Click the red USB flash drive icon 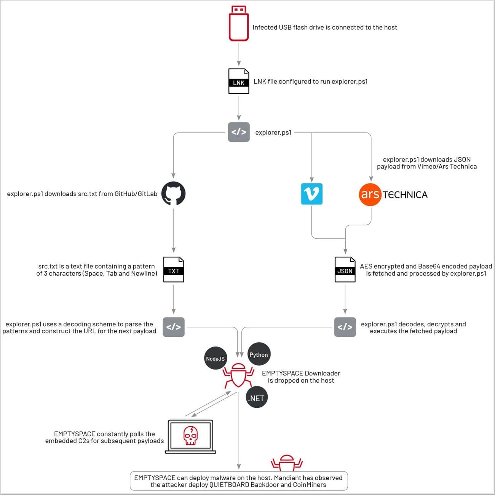pyautogui.click(x=239, y=23)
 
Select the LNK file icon pyautogui.click(x=239, y=81)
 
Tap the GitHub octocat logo pyautogui.click(x=173, y=193)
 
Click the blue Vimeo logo pyautogui.click(x=311, y=194)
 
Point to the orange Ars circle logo pyautogui.click(x=370, y=194)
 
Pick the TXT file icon pyautogui.click(x=174, y=270)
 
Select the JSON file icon pyautogui.click(x=345, y=270)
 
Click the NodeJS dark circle pyautogui.click(x=216, y=358)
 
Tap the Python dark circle pyautogui.click(x=259, y=354)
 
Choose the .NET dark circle pyautogui.click(x=257, y=398)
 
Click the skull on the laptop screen pyautogui.click(x=190, y=436)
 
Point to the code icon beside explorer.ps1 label pyautogui.click(x=239, y=132)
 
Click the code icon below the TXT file pyautogui.click(x=174, y=327)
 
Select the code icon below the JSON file pyautogui.click(x=345, y=327)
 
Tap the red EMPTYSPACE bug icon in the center pyautogui.click(x=238, y=375)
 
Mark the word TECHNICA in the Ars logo pyautogui.click(x=405, y=195)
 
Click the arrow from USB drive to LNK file pyautogui.click(x=239, y=54)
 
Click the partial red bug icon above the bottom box pyautogui.click(x=286, y=462)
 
